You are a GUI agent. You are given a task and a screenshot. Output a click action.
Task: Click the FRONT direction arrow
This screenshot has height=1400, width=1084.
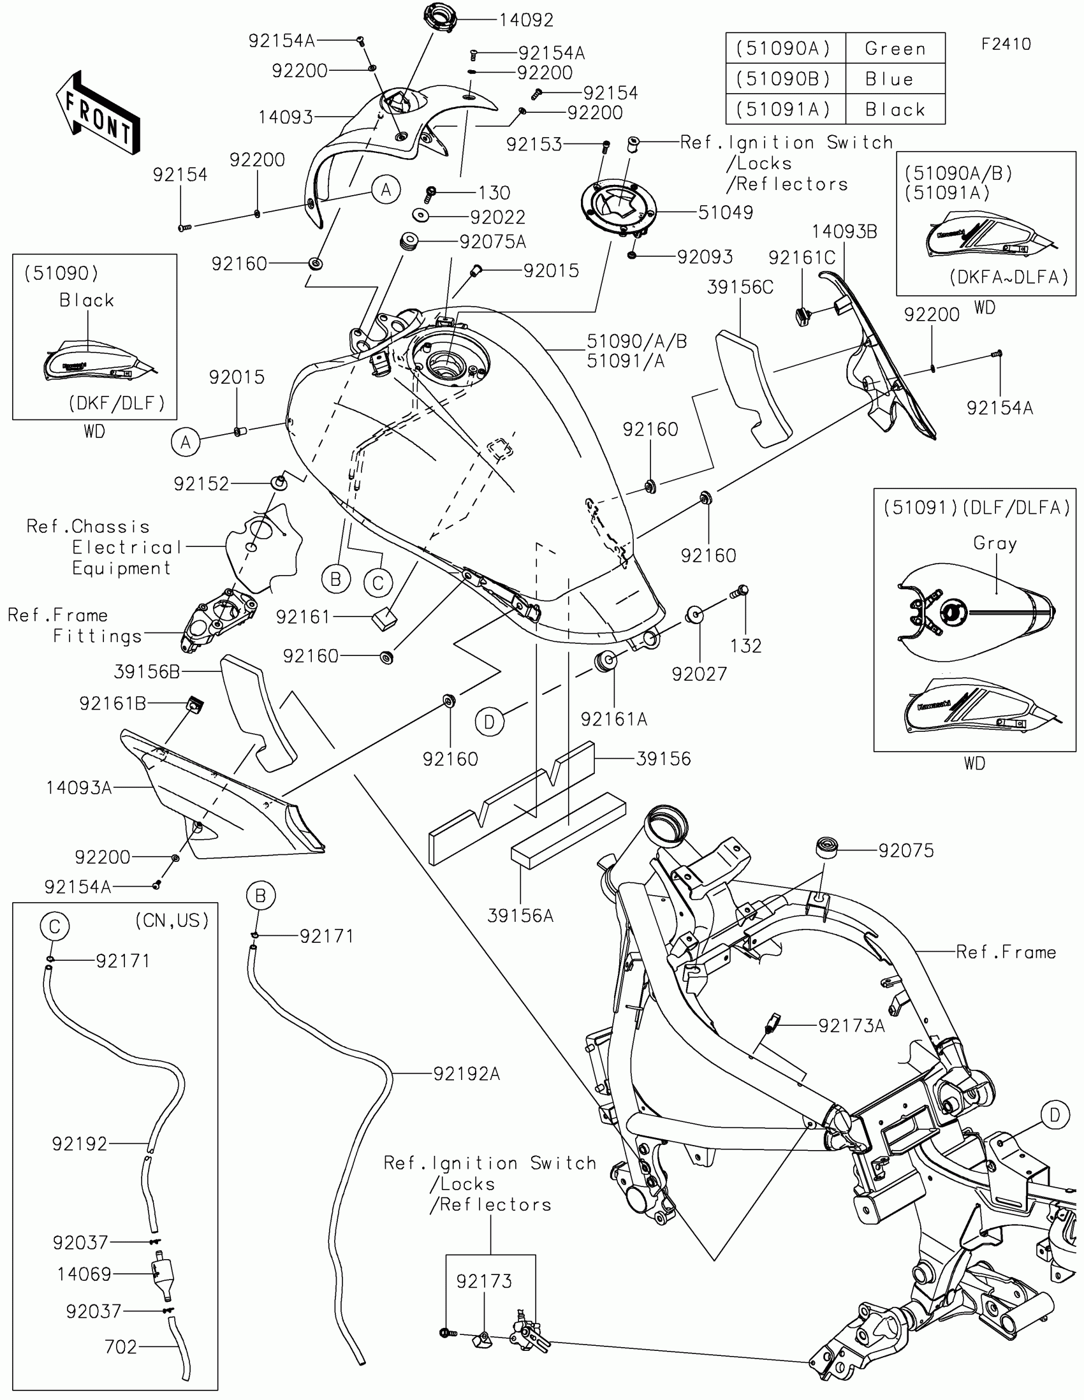(x=98, y=113)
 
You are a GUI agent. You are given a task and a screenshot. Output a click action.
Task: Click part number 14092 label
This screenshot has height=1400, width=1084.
(x=525, y=20)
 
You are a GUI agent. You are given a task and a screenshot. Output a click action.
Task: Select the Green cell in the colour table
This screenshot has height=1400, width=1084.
(x=895, y=48)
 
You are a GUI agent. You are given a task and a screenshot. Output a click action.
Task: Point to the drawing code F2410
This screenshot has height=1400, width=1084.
(x=1006, y=44)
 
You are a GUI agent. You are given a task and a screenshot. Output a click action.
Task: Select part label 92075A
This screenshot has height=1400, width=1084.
(x=492, y=242)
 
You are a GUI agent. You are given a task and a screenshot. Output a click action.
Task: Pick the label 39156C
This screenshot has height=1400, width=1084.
(x=740, y=287)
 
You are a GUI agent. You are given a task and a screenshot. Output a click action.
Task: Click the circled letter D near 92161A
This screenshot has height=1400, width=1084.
(x=489, y=722)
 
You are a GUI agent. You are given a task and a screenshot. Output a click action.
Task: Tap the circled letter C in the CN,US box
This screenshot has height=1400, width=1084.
(x=54, y=926)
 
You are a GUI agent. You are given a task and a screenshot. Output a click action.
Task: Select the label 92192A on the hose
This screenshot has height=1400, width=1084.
(x=466, y=1074)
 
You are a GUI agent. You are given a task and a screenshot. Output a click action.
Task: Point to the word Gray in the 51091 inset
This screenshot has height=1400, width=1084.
(x=995, y=544)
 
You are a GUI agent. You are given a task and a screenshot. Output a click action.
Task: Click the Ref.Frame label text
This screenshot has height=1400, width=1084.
(x=1006, y=952)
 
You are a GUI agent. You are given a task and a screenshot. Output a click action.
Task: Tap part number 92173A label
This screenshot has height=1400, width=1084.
(x=851, y=1026)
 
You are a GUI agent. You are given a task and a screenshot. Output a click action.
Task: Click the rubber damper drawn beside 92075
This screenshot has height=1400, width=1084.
(x=827, y=846)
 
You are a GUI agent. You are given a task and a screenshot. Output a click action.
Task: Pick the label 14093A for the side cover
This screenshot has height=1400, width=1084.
(x=79, y=788)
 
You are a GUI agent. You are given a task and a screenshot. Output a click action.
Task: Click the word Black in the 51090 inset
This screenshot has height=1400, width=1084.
(x=87, y=300)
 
